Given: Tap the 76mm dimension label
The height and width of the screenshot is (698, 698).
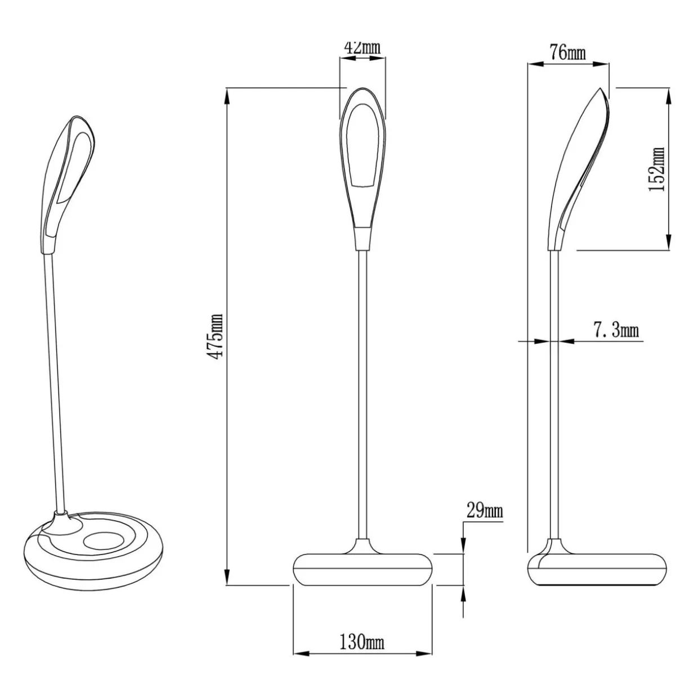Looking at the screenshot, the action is click(567, 53).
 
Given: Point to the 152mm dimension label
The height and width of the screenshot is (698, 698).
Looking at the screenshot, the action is click(657, 169).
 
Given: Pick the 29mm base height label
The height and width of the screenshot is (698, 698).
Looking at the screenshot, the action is click(485, 511).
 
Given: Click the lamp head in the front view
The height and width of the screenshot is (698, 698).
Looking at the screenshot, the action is click(363, 168).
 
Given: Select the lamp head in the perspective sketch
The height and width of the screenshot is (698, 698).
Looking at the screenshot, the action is click(68, 185).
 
